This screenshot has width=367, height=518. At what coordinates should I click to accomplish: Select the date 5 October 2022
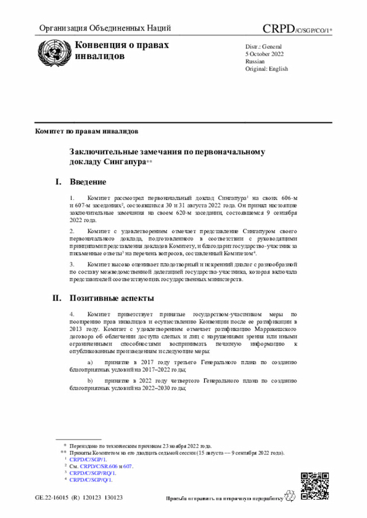[262, 53]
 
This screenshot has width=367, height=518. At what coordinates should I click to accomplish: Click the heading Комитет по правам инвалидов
[87, 131]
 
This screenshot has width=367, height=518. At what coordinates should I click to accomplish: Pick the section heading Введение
[88, 182]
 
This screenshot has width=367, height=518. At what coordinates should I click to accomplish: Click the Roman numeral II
[57, 298]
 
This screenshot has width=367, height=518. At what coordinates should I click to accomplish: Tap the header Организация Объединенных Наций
[104, 28]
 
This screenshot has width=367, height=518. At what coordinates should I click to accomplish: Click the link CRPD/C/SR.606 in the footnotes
[101, 466]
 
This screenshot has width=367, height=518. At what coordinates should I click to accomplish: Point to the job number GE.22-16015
[54, 498]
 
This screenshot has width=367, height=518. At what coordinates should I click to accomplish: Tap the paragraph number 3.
[72, 264]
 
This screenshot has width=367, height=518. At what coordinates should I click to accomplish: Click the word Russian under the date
[255, 61]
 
